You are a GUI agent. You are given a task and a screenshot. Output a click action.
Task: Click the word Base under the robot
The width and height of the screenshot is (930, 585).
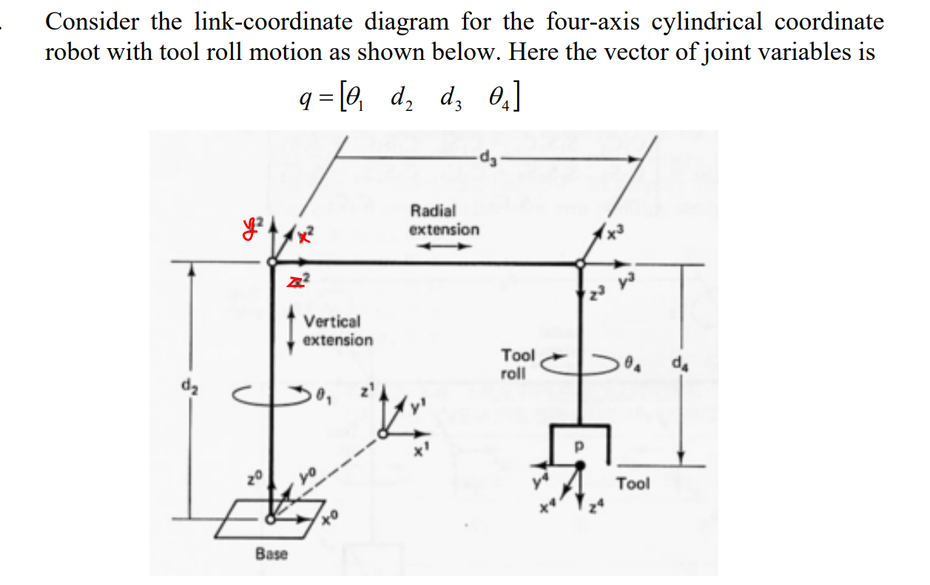pos(272,553)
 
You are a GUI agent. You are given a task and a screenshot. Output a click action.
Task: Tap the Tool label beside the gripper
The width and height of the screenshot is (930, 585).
pos(633,484)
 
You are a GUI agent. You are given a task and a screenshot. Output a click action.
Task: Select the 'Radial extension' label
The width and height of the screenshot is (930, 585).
pos(444,220)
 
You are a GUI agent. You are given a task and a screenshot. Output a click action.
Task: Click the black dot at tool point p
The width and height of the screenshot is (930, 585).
pos(580,464)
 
